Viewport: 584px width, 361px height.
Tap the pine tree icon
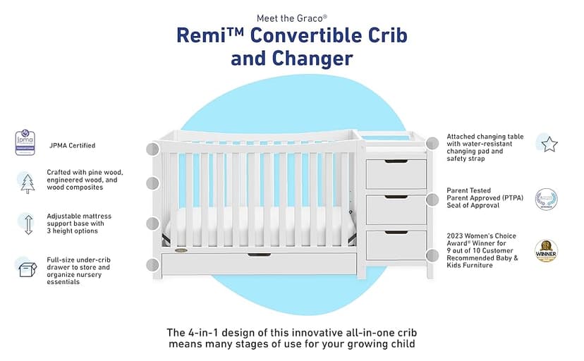[27, 183]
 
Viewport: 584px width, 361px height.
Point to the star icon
[549, 144]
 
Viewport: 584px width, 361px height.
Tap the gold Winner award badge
[545, 250]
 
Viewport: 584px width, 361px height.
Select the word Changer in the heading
[314, 59]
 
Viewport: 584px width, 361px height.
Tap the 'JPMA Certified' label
[72, 146]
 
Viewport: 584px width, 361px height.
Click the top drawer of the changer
[396, 173]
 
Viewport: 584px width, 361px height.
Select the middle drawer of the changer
[396, 209]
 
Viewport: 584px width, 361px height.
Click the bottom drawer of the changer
[396, 245]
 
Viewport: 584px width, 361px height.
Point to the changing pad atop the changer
[396, 144]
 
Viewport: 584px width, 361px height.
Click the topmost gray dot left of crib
[152, 149]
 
